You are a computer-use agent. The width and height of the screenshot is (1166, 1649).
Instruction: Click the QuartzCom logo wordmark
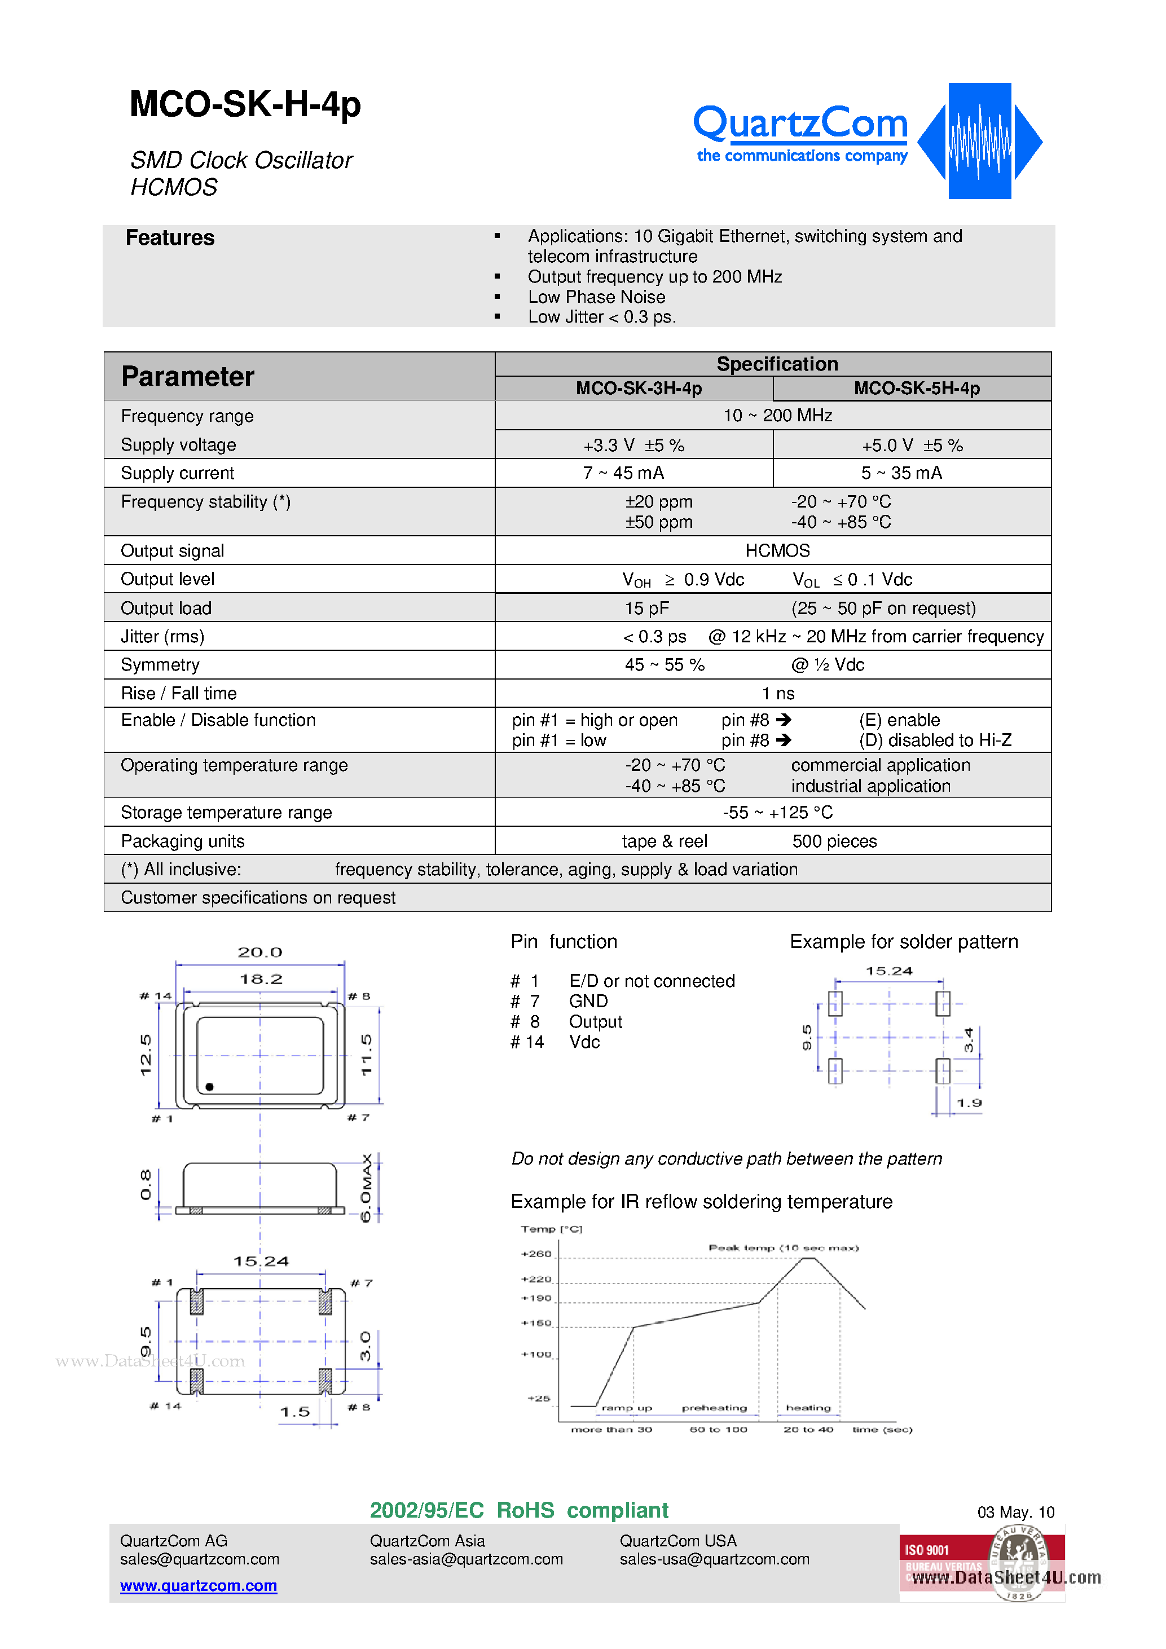pos(800,124)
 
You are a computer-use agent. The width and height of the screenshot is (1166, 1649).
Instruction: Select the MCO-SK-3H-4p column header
pos(638,389)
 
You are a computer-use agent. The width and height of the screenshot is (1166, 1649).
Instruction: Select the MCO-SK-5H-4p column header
pos(916,389)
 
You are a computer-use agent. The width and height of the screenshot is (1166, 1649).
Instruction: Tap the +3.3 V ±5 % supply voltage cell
pos(633,446)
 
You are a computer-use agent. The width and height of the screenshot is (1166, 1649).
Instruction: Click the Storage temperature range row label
pos(226,812)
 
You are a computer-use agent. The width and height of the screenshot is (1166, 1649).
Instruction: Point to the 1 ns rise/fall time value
pos(777,694)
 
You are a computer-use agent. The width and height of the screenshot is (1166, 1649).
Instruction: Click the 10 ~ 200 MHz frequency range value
pos(777,416)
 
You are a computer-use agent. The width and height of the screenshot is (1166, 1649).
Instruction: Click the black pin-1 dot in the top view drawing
pos(209,1087)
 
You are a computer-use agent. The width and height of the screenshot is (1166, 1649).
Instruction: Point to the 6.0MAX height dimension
pos(367,1189)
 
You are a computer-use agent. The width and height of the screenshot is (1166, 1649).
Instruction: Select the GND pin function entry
pos(588,1001)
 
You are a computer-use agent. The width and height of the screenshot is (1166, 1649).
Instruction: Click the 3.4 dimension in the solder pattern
pos(969,1040)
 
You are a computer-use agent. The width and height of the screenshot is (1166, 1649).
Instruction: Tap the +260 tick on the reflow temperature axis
pos(536,1254)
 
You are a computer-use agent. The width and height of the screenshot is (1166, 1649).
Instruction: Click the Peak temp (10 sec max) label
pos(783,1247)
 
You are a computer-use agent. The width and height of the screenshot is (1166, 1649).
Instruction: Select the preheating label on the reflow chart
pos(714,1408)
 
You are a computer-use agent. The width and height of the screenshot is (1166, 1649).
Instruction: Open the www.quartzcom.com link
pos(199,1586)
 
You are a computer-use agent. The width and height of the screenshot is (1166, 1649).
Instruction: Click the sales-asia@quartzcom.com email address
pos(467,1560)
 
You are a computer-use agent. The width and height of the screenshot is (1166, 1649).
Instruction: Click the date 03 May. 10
pos(1015,1513)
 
